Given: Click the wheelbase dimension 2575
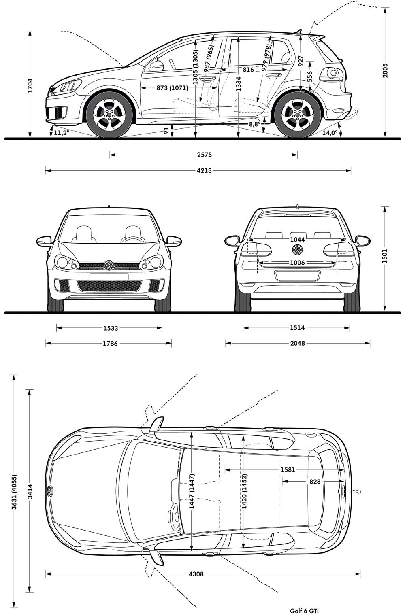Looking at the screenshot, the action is pyautogui.click(x=205, y=155).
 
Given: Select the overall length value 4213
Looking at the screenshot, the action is pyautogui.click(x=205, y=171).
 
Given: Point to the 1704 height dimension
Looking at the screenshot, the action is pyautogui.click(x=30, y=85).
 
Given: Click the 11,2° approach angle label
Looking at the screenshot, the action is pyautogui.click(x=61, y=133).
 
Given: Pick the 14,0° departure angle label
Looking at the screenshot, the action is pyautogui.click(x=330, y=133).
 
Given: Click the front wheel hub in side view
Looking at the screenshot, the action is pyautogui.click(x=109, y=114).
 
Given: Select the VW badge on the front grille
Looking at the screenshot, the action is pyautogui.click(x=109, y=266).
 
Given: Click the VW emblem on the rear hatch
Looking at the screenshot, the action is pyautogui.click(x=297, y=249).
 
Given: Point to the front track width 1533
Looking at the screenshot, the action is pyautogui.click(x=111, y=328).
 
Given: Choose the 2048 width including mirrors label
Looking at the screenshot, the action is pyautogui.click(x=297, y=343).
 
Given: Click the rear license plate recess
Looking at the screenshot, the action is pyautogui.click(x=297, y=276).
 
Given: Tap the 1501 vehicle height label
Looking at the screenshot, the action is pyautogui.click(x=385, y=256).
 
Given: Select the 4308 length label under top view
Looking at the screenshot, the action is pyautogui.click(x=196, y=574).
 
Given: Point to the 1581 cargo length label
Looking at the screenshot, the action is pyautogui.click(x=288, y=469).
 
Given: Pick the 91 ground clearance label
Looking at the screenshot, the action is pyautogui.click(x=166, y=131).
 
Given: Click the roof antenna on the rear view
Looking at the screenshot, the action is pyautogui.click(x=297, y=206).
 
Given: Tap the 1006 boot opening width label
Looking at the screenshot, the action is pyautogui.click(x=297, y=263).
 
